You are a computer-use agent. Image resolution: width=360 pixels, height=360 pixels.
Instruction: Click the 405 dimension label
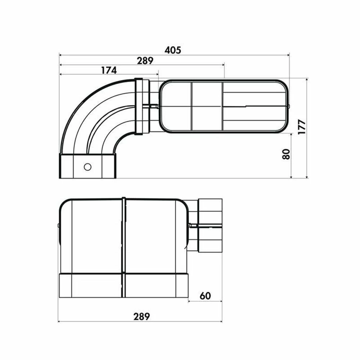(x=173, y=50)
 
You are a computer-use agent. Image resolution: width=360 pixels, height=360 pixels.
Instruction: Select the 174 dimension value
(x=109, y=70)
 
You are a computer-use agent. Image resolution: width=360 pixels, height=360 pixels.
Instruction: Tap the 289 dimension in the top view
(x=145, y=60)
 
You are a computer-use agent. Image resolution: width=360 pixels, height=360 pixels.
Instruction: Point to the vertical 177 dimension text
(x=302, y=127)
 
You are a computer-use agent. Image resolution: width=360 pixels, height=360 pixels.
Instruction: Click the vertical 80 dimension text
(x=286, y=154)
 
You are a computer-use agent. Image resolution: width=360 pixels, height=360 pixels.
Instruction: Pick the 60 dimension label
(x=205, y=296)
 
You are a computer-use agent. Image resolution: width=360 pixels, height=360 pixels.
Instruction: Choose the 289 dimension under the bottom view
(x=141, y=316)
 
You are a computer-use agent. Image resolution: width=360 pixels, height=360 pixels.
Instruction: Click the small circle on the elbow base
(x=87, y=167)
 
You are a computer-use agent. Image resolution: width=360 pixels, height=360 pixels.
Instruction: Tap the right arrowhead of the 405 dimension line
(x=288, y=55)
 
